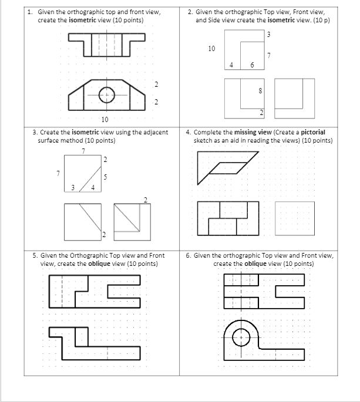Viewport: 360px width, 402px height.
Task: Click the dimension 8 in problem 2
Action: pos(260,92)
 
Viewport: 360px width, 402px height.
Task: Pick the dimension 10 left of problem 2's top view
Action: pos(211,49)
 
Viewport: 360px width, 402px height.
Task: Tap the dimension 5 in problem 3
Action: pos(105,177)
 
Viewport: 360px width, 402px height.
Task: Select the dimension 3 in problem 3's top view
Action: pos(72,188)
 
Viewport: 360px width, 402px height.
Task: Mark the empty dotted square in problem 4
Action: pos(294,218)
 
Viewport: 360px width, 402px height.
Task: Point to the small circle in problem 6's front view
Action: pos(241,337)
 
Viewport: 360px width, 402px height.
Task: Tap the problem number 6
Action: pos(188,256)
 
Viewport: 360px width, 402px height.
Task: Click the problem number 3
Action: pos(35,133)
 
